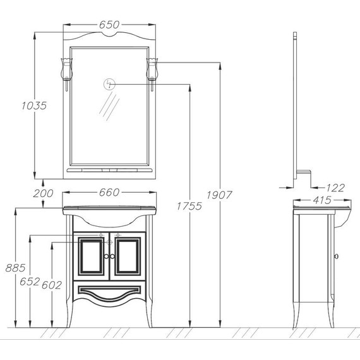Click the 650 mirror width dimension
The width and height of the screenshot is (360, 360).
point(109,25)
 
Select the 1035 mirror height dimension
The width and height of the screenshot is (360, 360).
point(34,105)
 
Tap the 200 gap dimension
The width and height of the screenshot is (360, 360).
point(43,193)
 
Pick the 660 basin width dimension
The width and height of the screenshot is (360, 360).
point(109,192)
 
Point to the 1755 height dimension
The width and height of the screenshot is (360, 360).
point(189,206)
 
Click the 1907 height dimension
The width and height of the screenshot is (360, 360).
point(220,195)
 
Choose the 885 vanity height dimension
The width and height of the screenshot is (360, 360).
point(15,268)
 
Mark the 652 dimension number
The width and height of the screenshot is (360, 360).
point(30,282)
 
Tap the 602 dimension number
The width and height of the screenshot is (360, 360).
point(52,285)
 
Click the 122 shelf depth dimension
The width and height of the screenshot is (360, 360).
point(335,188)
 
